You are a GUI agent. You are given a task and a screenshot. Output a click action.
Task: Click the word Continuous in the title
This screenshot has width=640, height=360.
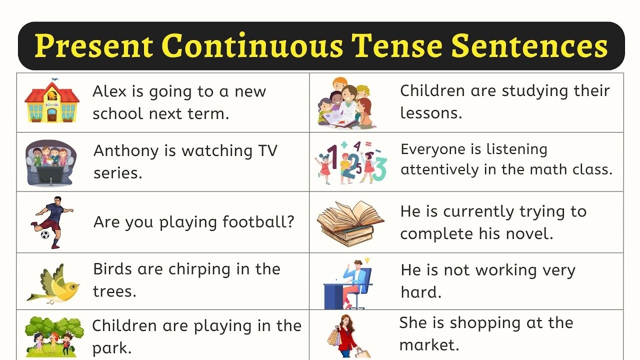(252, 46)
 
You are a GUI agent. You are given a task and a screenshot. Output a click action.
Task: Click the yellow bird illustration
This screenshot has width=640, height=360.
(54, 283)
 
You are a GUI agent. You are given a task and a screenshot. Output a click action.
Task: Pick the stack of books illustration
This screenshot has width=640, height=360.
(350, 221)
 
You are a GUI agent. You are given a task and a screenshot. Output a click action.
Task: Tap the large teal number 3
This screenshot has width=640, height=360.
(380, 169)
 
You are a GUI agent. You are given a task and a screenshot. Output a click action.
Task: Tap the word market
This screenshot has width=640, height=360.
(429, 344)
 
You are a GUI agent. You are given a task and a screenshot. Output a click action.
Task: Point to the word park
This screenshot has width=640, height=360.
(112, 347)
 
